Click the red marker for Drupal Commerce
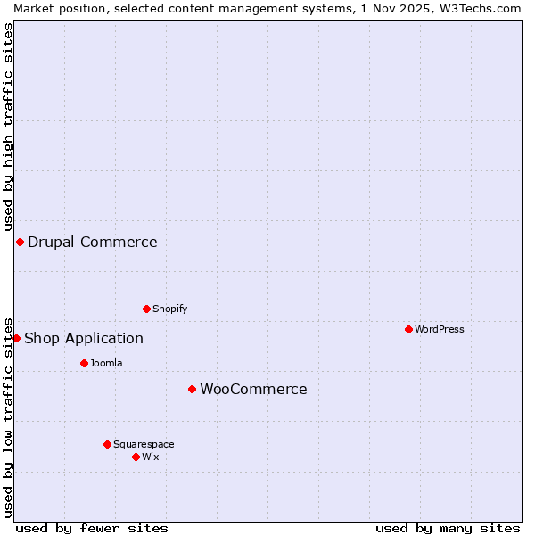click(x=20, y=242)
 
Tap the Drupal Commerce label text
click(x=92, y=242)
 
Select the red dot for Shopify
click(x=146, y=309)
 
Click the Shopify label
click(x=169, y=309)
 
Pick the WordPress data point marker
click(x=408, y=329)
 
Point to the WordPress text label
click(x=439, y=329)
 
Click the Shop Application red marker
click(x=16, y=338)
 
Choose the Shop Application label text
click(x=83, y=338)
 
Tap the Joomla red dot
click(x=84, y=363)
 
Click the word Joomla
click(x=106, y=363)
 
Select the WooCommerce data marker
click(x=192, y=389)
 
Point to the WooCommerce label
click(x=253, y=389)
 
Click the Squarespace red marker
click(x=107, y=444)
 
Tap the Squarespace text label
click(x=144, y=444)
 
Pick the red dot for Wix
click(x=136, y=457)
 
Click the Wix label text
click(x=150, y=457)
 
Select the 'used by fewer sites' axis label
click(x=92, y=528)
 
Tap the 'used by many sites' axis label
click(x=448, y=528)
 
